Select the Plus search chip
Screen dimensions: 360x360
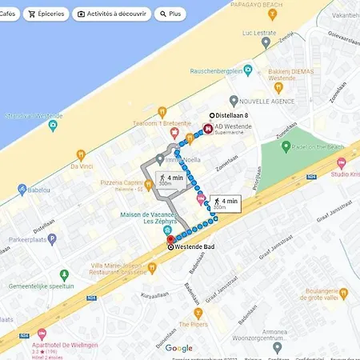[169, 14]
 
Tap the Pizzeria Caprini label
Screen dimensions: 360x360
[121, 183]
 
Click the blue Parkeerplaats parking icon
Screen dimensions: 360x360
[52, 238]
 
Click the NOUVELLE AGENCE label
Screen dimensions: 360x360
[268, 101]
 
